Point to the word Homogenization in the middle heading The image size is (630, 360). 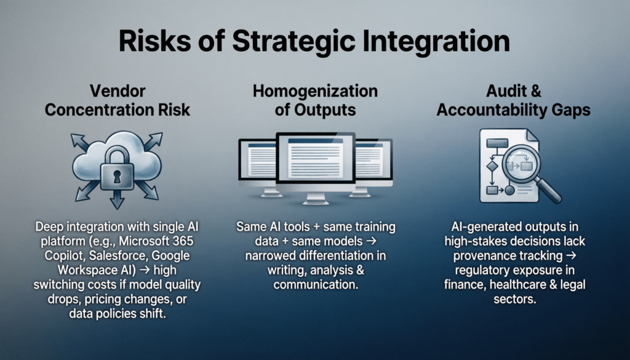(x=315, y=92)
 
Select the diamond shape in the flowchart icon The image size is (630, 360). (x=491, y=166)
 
